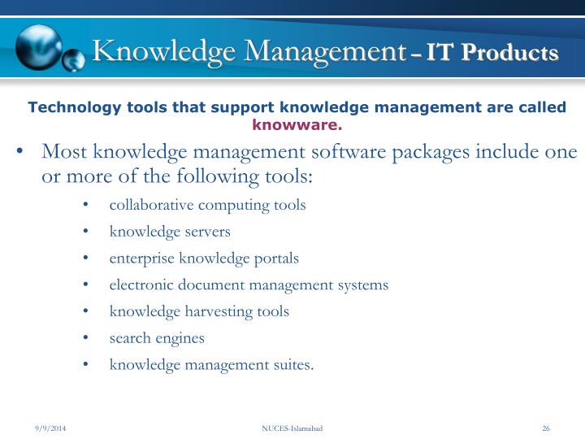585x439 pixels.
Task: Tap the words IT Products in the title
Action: point(492,53)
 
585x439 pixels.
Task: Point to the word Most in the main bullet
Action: point(65,152)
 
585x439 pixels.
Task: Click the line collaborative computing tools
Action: point(207,205)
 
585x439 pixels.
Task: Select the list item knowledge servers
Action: point(170,232)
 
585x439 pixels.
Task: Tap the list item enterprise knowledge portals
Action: point(204,259)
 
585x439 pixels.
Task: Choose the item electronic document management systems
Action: point(249,285)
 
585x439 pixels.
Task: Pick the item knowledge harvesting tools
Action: point(199,311)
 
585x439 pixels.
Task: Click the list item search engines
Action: point(157,338)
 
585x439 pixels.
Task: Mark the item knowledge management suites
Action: point(211,365)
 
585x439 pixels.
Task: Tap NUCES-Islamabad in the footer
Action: point(292,428)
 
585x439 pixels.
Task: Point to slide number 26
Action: point(546,428)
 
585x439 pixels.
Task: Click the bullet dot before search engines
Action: point(86,339)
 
